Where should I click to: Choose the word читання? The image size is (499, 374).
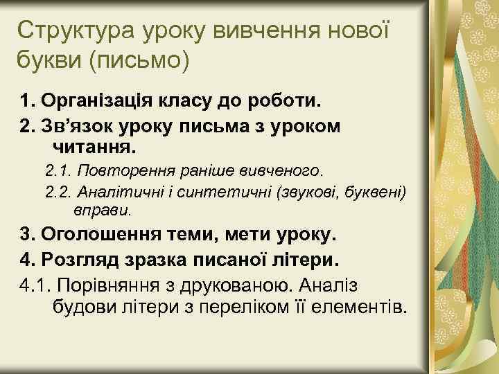(96, 148)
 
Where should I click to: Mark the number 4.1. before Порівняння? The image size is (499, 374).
(32, 284)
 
